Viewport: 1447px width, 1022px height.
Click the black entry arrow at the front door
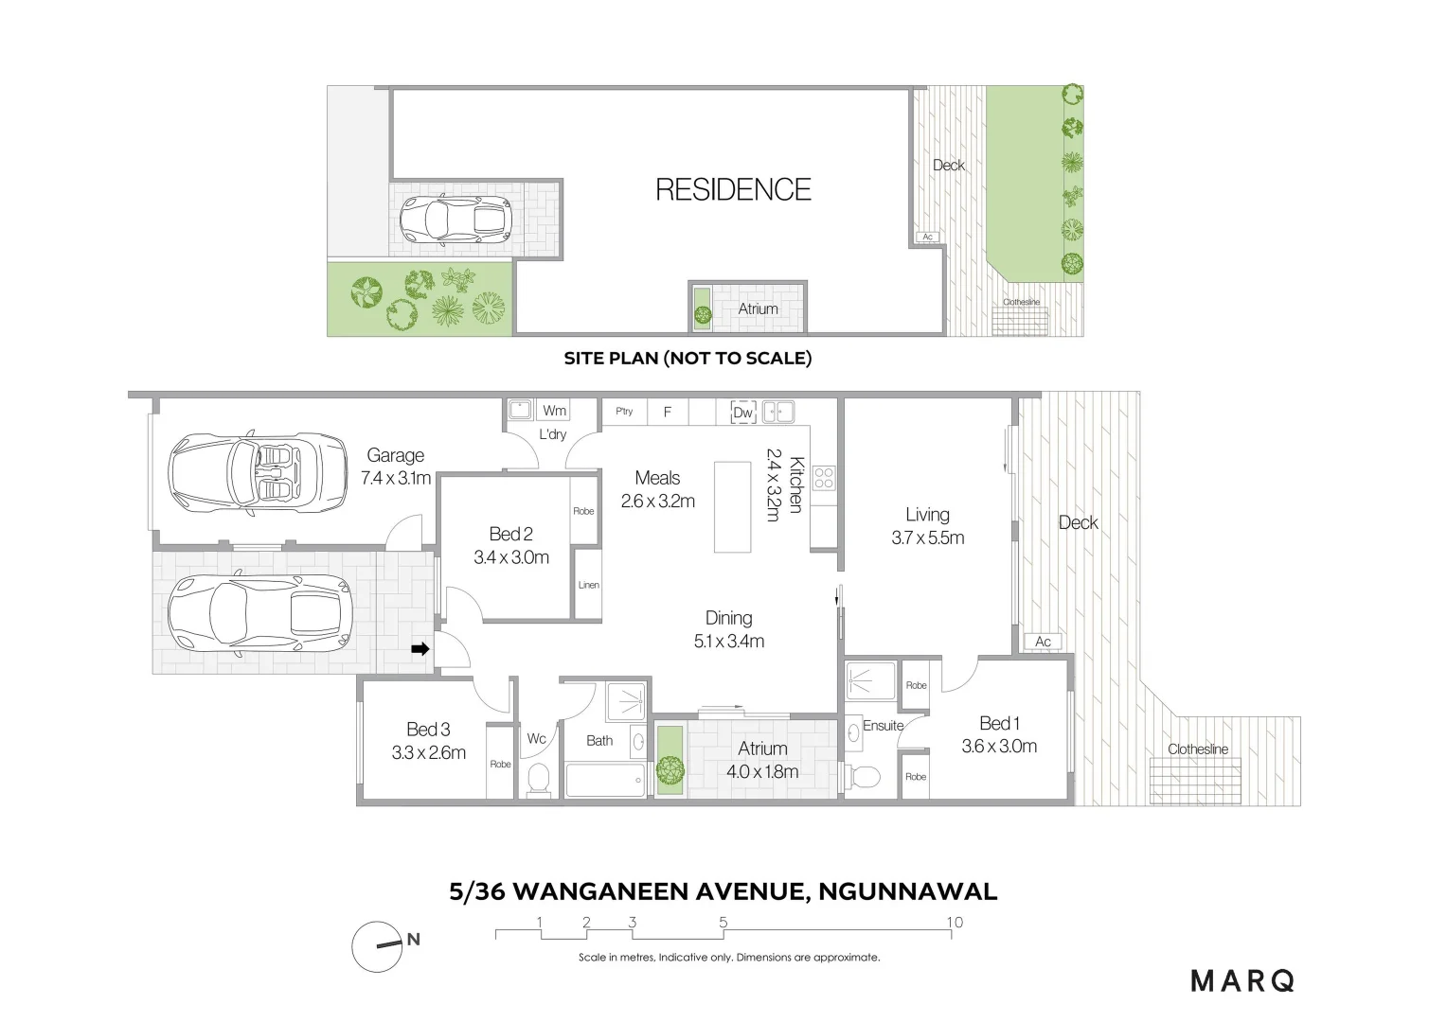tap(420, 649)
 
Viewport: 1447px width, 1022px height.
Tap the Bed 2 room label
tap(511, 534)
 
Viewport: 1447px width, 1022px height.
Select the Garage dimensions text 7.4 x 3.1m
tap(395, 479)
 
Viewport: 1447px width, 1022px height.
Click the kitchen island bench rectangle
tap(732, 507)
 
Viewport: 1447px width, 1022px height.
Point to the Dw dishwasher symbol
tap(742, 412)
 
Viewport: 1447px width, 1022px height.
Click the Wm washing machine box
tap(554, 411)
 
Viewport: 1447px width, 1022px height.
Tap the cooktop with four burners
tap(824, 478)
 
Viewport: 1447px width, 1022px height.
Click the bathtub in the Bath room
tap(606, 779)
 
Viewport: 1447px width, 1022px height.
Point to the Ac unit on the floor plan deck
tap(1043, 642)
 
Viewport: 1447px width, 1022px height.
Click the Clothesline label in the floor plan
tap(1198, 749)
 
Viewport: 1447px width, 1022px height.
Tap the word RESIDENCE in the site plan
tap(733, 190)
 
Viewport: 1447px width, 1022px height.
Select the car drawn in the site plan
tap(456, 220)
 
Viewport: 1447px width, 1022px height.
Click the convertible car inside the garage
tap(258, 472)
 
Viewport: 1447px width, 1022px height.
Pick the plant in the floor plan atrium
tap(670, 769)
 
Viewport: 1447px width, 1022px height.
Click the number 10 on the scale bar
tap(955, 923)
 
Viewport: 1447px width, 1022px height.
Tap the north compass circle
tap(377, 946)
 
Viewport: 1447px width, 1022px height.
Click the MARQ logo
tap(1242, 981)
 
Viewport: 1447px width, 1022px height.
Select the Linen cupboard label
tap(588, 585)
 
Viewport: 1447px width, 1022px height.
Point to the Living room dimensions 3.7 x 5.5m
tap(928, 537)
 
